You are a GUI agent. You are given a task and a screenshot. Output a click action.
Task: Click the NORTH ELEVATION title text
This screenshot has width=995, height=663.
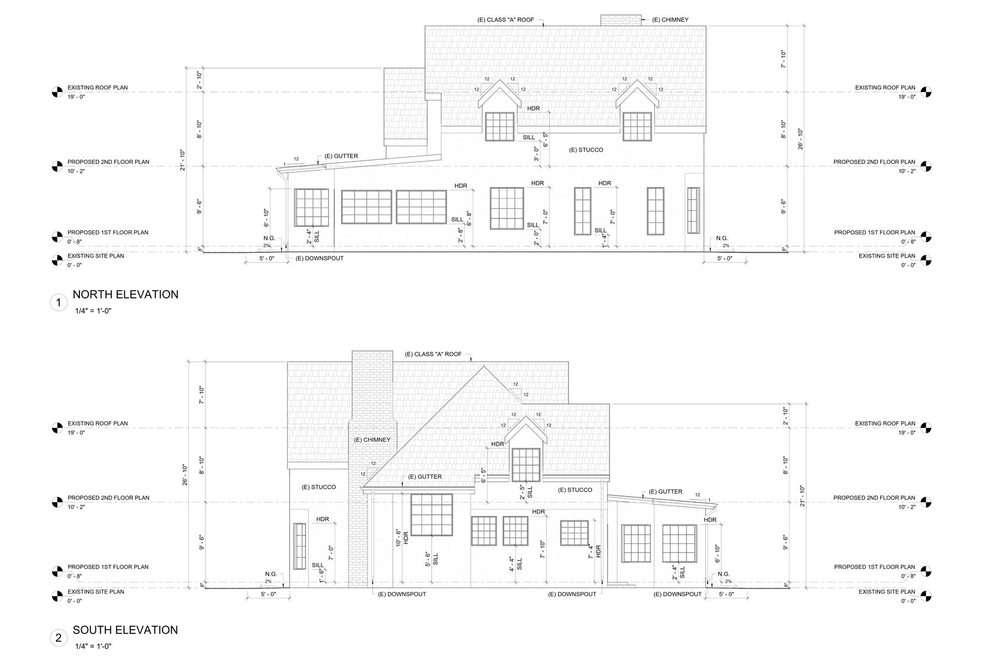click(x=126, y=294)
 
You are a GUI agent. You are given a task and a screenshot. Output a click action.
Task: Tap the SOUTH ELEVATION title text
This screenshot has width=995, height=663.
click(x=126, y=630)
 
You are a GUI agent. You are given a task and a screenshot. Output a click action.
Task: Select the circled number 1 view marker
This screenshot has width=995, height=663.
click(x=58, y=303)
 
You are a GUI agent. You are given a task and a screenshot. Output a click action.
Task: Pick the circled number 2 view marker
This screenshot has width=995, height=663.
click(x=58, y=638)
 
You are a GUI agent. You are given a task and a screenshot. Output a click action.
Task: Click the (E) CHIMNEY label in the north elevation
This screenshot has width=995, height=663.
click(x=670, y=20)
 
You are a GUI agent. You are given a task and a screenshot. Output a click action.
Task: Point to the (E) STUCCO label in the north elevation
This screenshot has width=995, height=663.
click(x=586, y=150)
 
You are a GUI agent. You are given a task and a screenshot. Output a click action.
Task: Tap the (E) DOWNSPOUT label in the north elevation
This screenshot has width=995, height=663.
click(x=319, y=258)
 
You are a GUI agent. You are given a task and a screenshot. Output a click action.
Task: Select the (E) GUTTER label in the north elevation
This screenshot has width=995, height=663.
click(x=341, y=156)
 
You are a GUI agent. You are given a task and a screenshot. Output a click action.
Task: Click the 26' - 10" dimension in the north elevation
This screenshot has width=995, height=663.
click(x=801, y=139)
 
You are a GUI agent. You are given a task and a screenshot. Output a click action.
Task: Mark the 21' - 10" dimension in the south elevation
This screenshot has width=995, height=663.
click(x=802, y=496)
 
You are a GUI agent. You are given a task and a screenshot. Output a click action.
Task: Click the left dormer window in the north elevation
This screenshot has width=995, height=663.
click(x=500, y=127)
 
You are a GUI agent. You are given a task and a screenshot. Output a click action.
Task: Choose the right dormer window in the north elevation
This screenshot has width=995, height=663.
click(x=637, y=127)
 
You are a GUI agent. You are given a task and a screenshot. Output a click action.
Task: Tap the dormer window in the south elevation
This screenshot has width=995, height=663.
click(x=526, y=465)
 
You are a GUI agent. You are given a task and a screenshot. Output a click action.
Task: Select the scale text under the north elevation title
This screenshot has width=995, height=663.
click(x=94, y=311)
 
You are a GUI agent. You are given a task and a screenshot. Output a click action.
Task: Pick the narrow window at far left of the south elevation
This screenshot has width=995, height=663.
click(x=300, y=546)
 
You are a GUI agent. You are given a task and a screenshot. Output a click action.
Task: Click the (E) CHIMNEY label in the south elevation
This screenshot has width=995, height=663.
click(x=372, y=440)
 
